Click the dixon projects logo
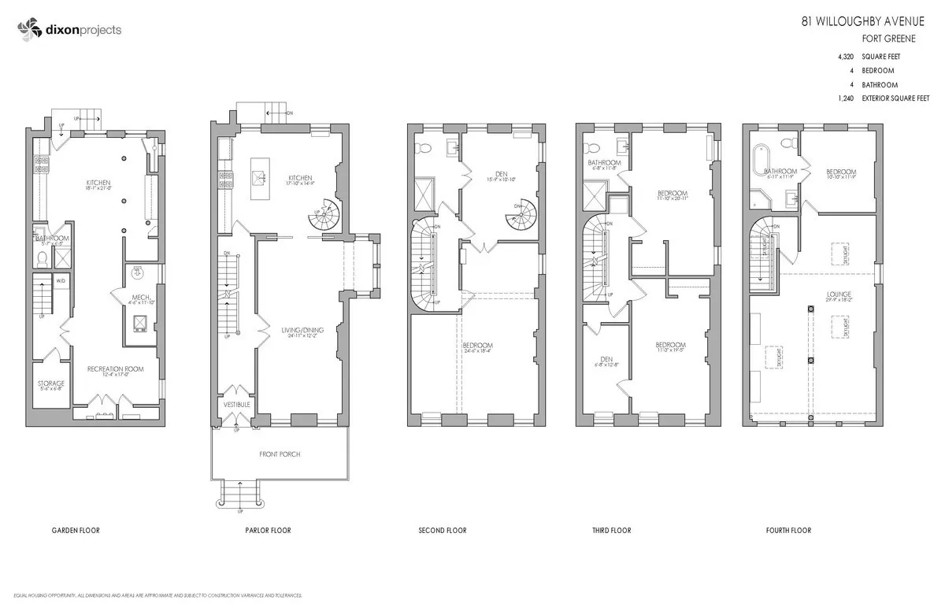click(69, 31)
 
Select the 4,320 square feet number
click(849, 57)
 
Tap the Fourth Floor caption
click(788, 531)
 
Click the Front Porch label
click(280, 454)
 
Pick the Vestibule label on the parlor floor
click(236, 405)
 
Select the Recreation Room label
click(116, 368)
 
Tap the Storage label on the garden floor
click(51, 383)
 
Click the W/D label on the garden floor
click(61, 280)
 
